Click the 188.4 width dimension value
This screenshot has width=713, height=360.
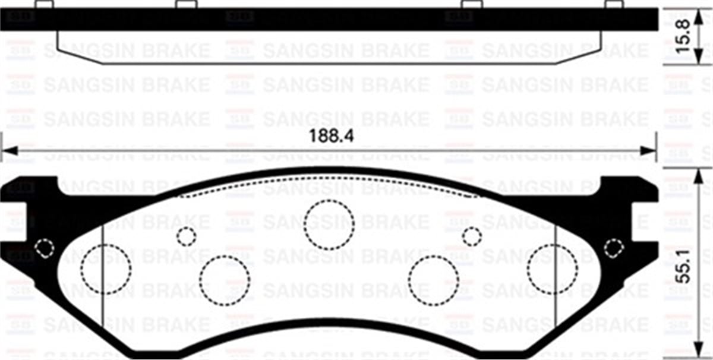pyautogui.click(x=332, y=135)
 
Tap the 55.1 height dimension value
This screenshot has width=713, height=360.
pyautogui.click(x=686, y=269)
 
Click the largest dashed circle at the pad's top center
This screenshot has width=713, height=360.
pyautogui.click(x=329, y=224)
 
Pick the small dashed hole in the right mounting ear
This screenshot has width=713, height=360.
pyautogui.click(x=613, y=248)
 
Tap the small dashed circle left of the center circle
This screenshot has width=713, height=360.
pyautogui.click(x=186, y=236)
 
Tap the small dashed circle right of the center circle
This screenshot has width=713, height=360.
pyautogui.click(x=472, y=236)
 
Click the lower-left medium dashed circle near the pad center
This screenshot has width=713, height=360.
pyautogui.click(x=225, y=280)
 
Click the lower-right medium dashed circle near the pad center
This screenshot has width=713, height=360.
pyautogui.click(x=434, y=280)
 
